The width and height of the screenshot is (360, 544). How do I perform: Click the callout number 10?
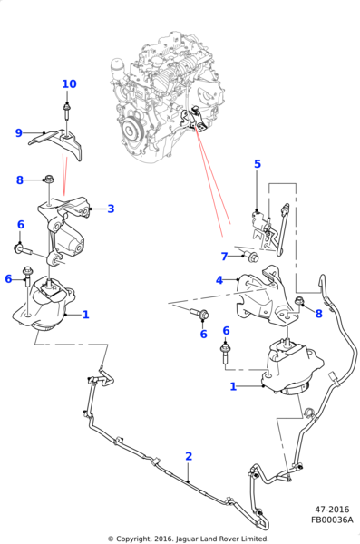coord(69,84)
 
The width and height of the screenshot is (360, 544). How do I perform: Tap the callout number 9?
coord(19,133)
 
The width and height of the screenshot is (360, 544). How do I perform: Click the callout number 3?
coord(111,209)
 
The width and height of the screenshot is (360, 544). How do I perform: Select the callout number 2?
coord(189,456)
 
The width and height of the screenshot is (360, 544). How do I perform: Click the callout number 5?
coord(258,164)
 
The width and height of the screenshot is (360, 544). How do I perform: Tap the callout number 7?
coord(224,257)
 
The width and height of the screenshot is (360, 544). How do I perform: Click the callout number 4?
coord(219,280)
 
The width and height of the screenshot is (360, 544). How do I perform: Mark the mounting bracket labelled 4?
coord(265,296)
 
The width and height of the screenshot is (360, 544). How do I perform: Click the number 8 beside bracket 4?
coord(318,314)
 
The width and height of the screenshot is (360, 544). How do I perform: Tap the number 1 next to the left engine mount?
coord(86,315)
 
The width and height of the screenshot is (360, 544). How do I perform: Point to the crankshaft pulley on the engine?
coord(131,130)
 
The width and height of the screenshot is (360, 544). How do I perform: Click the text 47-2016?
coord(332,510)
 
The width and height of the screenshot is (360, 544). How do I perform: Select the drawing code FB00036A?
coord(332,520)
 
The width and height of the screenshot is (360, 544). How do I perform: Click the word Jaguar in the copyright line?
coord(188,539)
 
